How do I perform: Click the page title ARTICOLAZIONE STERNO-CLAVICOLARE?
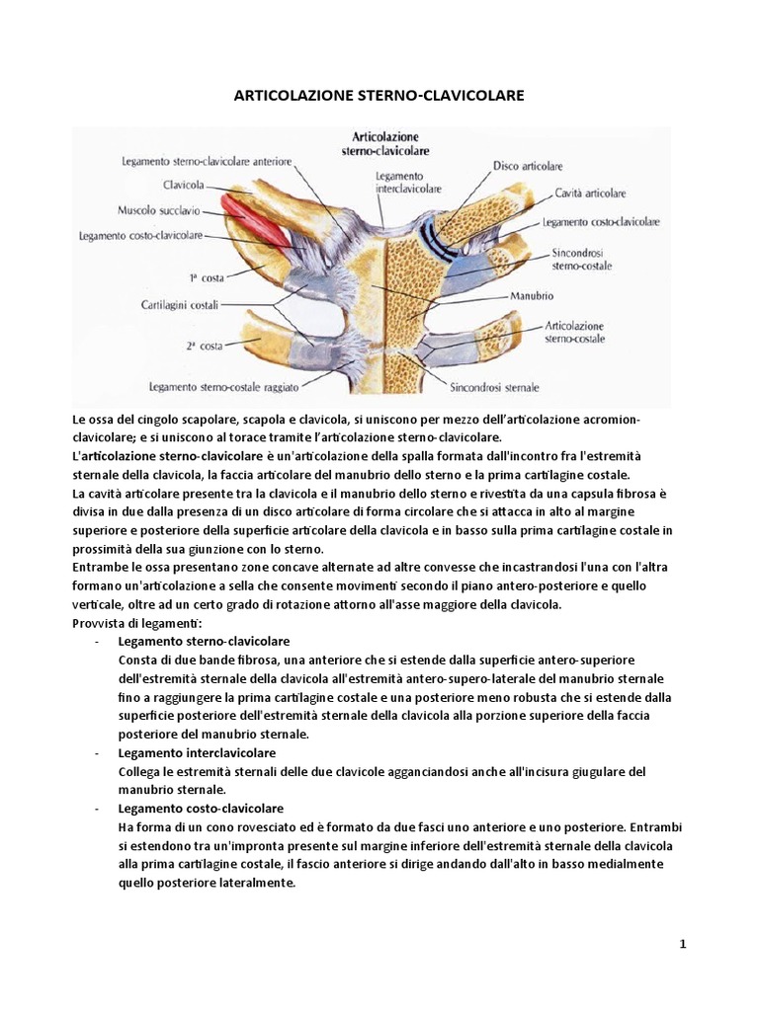pyautogui.click(x=379, y=96)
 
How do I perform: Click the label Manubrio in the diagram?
pyautogui.click(x=532, y=294)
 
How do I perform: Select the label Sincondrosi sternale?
pyautogui.click(x=494, y=386)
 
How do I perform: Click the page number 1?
pyautogui.click(x=683, y=944)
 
